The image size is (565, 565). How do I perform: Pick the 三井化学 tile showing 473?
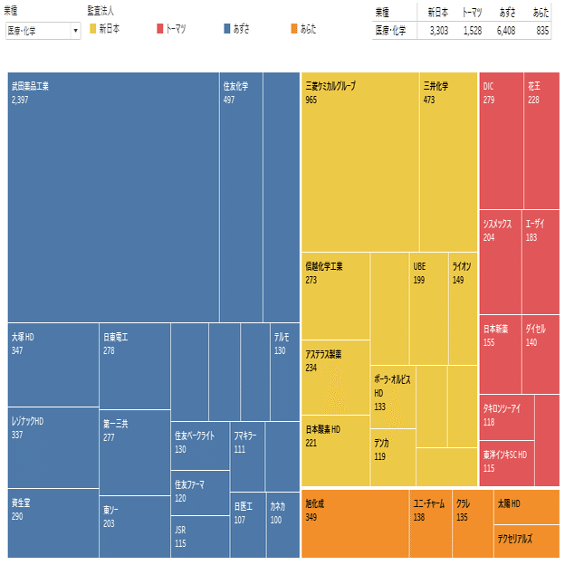pos(448,163)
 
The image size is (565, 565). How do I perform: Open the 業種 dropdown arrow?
pos(74,31)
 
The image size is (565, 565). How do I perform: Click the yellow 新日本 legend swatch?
pos(92,29)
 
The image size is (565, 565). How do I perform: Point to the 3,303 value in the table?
pos(437,30)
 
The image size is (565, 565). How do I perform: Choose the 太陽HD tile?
pos(526,507)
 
